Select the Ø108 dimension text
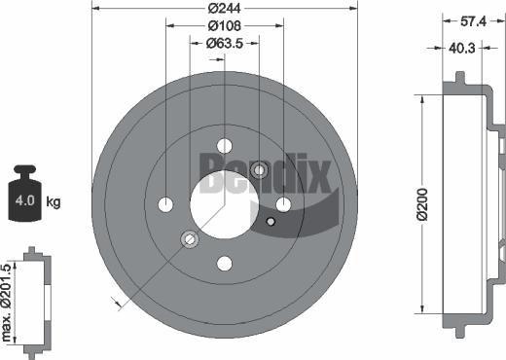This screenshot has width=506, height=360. [225, 27]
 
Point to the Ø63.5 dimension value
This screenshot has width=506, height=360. [225, 43]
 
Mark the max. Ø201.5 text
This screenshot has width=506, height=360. [8, 303]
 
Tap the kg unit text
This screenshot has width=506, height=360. [54, 202]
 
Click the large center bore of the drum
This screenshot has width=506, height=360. [225, 196]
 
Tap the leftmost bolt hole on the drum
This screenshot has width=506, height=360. [165, 204]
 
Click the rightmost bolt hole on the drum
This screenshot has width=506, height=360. [284, 203]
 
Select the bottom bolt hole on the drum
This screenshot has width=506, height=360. [225, 264]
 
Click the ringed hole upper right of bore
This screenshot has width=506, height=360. [260, 171]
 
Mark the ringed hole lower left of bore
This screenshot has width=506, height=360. [190, 239]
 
